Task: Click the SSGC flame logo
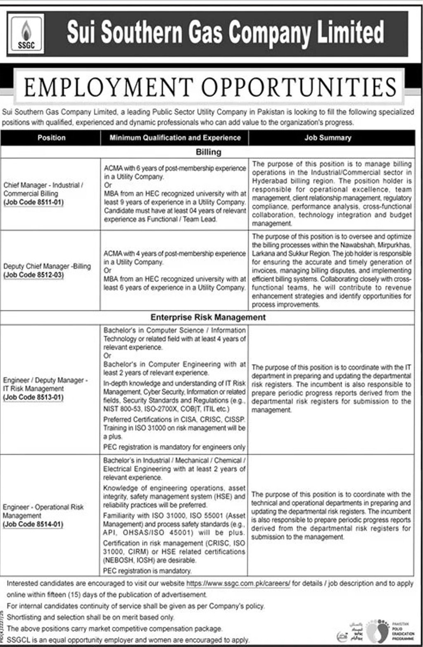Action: tap(26, 34)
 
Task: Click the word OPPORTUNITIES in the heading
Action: tap(299, 88)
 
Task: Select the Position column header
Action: tap(51, 138)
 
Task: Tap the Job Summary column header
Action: tap(328, 138)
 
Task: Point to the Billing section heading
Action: tap(208, 152)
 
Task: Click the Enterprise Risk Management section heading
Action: tap(208, 317)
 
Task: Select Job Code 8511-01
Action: tap(33, 202)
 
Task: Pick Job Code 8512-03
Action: tap(33, 275)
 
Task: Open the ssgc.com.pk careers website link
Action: tap(238, 583)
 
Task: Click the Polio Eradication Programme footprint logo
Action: tap(377, 630)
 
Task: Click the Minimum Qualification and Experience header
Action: tap(175, 138)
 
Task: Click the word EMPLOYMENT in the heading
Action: tap(108, 88)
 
